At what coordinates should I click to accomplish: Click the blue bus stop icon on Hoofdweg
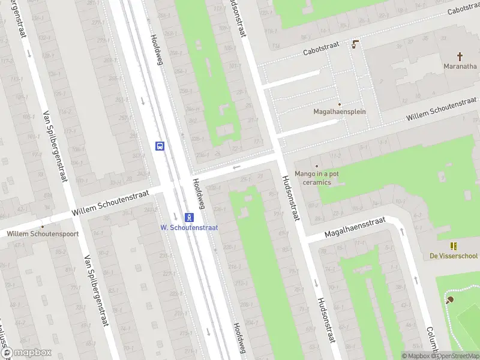point(160,146)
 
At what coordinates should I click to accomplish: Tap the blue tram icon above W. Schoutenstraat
point(188,217)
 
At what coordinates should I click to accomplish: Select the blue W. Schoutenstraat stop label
point(189,227)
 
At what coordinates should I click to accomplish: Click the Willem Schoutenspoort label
point(43,233)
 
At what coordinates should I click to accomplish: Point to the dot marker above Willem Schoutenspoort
point(43,226)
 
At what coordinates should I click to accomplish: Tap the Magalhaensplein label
point(340,112)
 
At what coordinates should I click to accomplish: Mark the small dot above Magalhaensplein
point(339,104)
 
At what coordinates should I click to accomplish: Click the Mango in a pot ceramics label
point(316,178)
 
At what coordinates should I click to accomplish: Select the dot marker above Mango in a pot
point(316,166)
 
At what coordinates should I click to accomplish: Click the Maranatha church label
point(460,66)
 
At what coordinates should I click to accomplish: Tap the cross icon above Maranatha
point(460,56)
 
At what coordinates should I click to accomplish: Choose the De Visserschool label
point(454,256)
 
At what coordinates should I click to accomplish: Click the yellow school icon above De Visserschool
point(454,246)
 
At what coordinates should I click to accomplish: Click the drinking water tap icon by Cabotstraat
point(355,43)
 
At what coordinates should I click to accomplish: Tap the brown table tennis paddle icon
point(449,299)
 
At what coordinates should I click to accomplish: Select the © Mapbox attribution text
point(416,356)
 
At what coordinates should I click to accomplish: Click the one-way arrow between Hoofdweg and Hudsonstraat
point(236,167)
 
